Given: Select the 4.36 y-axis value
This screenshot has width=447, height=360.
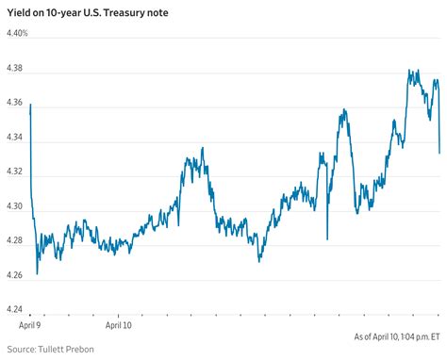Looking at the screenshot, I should (x=14, y=106).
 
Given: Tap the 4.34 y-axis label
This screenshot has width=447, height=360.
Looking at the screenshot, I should (x=14, y=142).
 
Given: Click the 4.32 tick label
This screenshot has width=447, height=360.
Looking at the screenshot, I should (x=14, y=178).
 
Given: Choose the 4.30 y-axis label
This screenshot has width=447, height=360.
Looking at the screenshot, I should (x=14, y=214).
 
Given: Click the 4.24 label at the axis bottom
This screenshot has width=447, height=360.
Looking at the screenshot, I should (x=14, y=308).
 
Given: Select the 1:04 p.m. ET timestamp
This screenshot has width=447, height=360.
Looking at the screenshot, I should (x=416, y=335).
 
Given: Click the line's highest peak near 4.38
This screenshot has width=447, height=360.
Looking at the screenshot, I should (x=410, y=71).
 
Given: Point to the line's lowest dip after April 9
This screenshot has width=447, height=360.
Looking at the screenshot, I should (x=37, y=274).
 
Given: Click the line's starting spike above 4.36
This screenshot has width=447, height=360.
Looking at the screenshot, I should (x=30, y=105).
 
